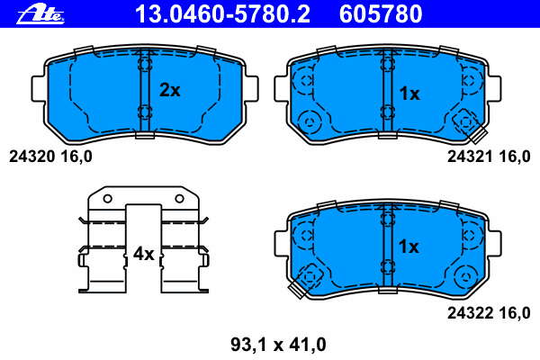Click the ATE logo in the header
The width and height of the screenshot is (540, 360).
tap(40, 15)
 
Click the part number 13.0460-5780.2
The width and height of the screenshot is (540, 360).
tap(222, 14)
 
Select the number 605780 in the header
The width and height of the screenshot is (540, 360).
tap(381, 14)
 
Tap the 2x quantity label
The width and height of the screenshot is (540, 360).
tap(170, 90)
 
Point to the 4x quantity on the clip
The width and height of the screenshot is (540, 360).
tap(144, 254)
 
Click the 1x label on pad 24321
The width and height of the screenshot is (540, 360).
tap(409, 94)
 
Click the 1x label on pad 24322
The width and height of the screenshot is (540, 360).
tap(409, 247)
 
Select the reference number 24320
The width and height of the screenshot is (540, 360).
tap(31, 157)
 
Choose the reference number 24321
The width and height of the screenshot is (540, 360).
tap(470, 157)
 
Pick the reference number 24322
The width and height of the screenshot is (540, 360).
tap(470, 313)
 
